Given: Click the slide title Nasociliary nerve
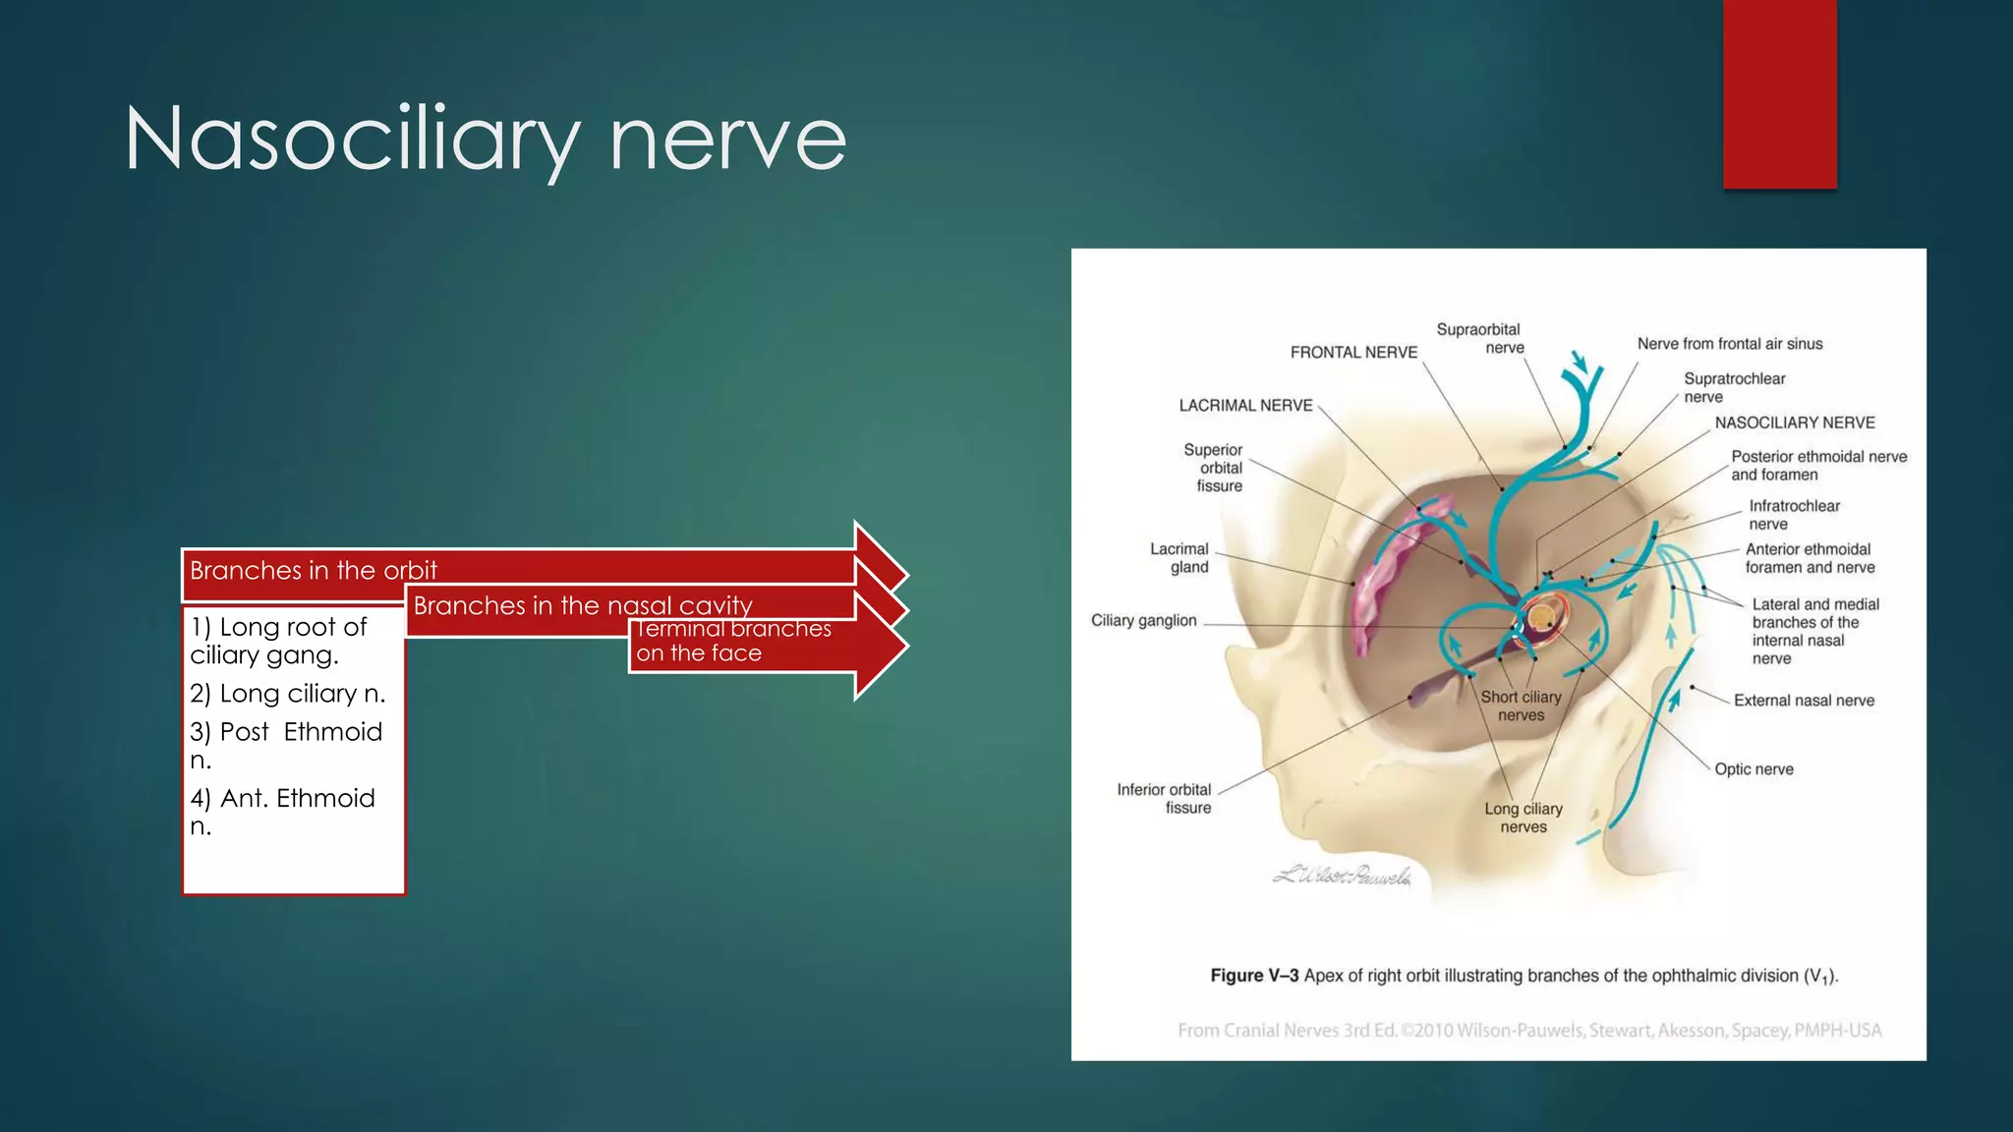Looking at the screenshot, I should click(x=485, y=140).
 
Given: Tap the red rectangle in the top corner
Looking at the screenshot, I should click(x=1779, y=93).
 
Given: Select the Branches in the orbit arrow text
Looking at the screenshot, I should click(x=313, y=570).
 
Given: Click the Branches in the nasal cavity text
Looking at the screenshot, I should click(x=582, y=605).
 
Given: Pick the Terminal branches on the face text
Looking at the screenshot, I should click(x=732, y=641).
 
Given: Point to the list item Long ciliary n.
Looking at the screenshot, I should click(x=287, y=694).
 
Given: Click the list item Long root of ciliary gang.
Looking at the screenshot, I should click(x=278, y=641).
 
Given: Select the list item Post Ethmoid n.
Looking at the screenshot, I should click(x=285, y=745).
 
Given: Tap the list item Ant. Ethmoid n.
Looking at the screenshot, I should click(x=282, y=811).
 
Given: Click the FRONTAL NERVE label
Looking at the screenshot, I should click(x=1353, y=353).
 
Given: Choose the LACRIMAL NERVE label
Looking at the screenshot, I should click(x=1245, y=406).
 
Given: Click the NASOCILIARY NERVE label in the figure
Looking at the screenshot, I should click(x=1795, y=423).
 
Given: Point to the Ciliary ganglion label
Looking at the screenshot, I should click(x=1143, y=621).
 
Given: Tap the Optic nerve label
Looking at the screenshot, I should click(x=1754, y=769).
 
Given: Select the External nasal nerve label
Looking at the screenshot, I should click(x=1804, y=701).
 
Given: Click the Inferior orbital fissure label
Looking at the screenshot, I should click(x=1165, y=798).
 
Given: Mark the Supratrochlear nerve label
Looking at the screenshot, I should click(x=1733, y=387).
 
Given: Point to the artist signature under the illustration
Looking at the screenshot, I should click(x=1342, y=875).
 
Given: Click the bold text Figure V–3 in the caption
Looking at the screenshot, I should click(x=1254, y=976).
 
